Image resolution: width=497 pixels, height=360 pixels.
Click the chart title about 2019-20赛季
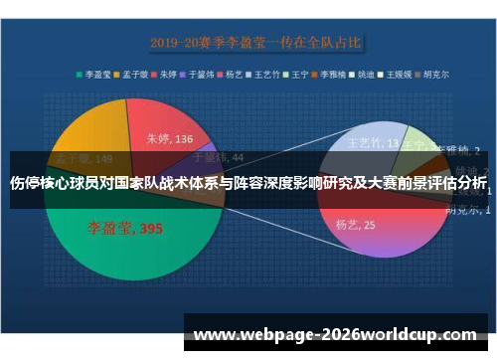click(x=255, y=43)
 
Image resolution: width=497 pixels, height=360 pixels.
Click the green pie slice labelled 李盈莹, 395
click(x=119, y=249)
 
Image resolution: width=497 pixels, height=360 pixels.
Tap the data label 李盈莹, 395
click(x=123, y=229)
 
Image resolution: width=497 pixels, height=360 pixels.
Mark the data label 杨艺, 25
click(x=356, y=225)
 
